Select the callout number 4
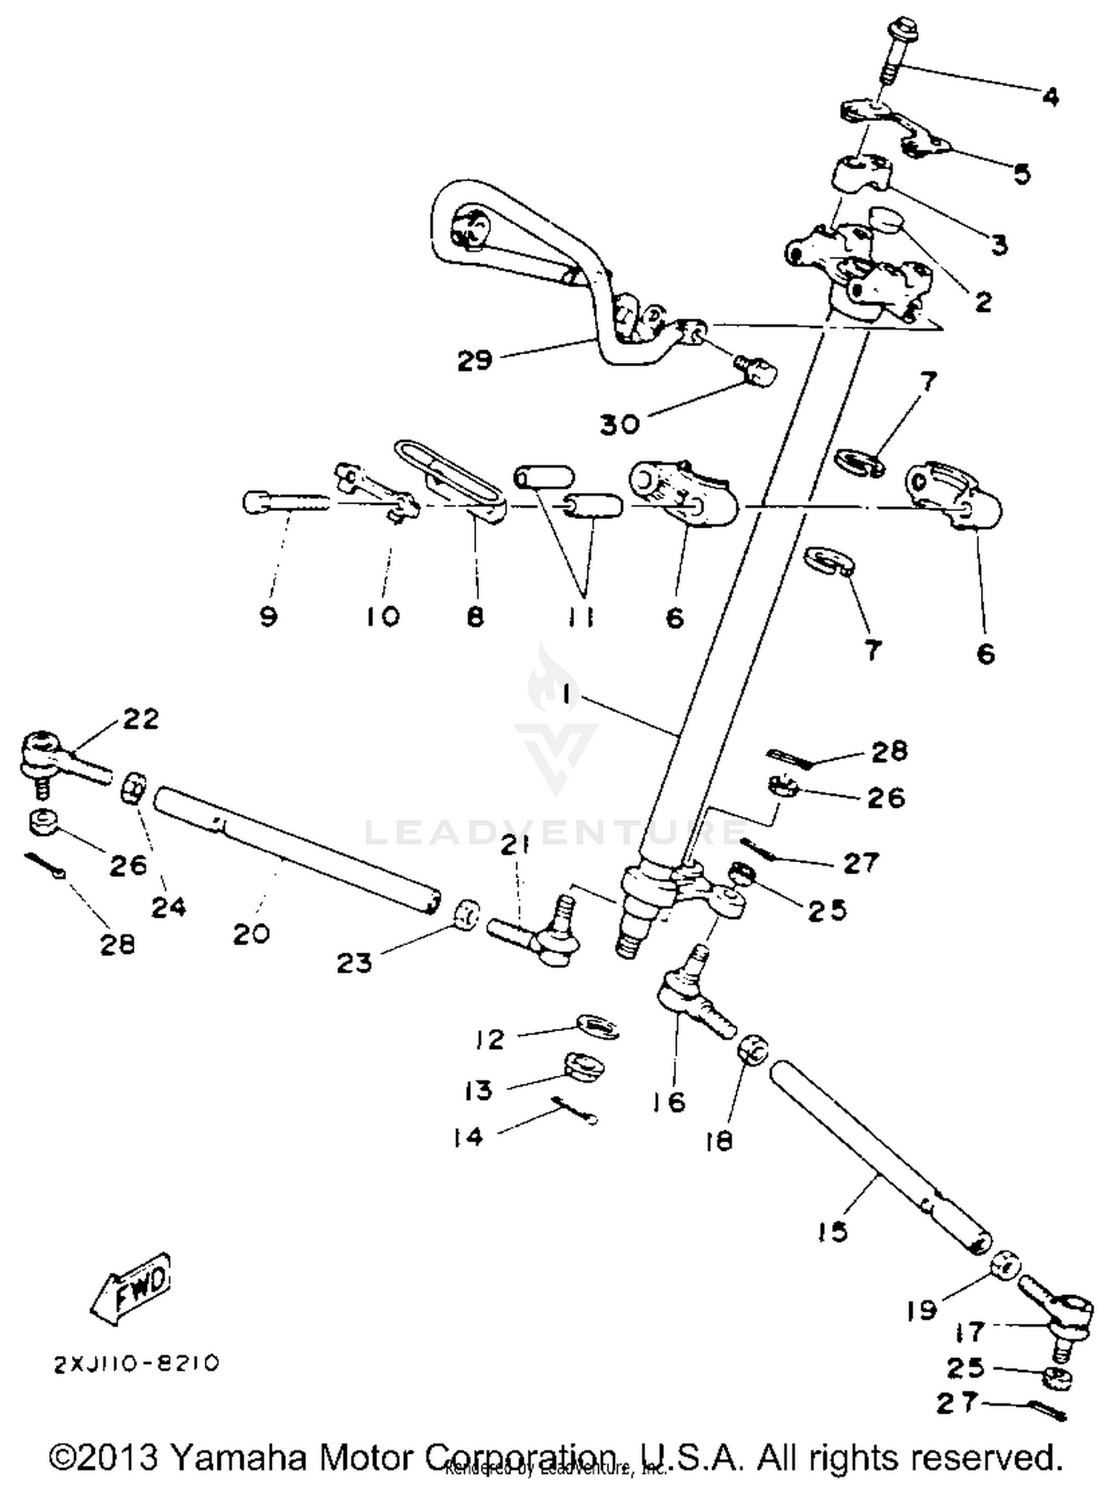point(1050,97)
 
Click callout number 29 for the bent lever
point(475,361)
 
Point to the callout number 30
point(619,425)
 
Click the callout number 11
point(582,617)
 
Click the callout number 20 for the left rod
point(251,933)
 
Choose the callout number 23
point(354,963)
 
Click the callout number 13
point(478,1091)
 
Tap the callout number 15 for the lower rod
point(833,1231)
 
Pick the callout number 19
point(921,1311)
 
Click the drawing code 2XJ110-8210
point(136,1364)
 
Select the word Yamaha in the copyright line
point(239,1457)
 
